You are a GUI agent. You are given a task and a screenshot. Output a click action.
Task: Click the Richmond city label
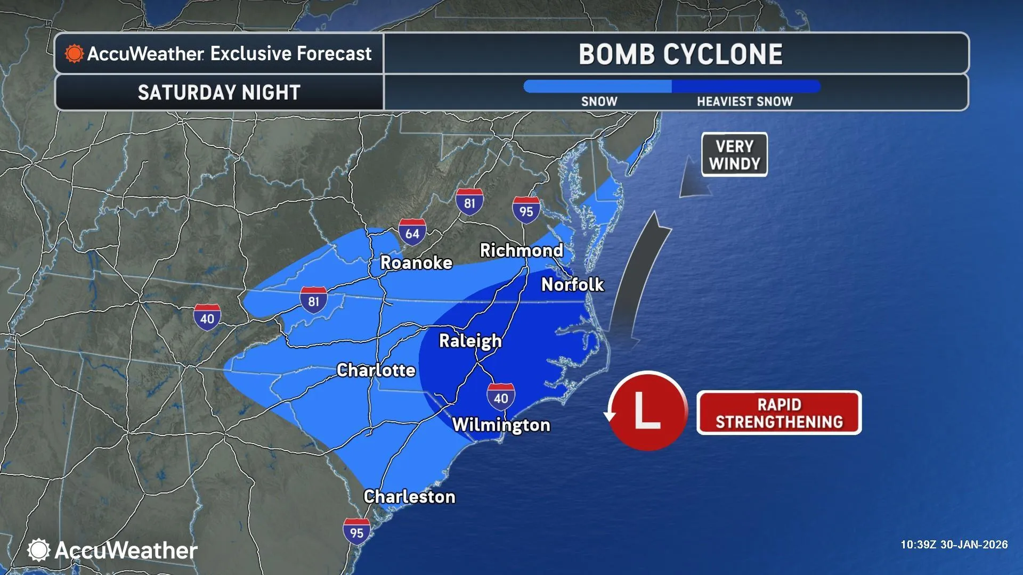521,250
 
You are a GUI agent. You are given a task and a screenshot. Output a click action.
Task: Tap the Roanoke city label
416,262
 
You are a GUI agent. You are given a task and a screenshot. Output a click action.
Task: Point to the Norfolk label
572,285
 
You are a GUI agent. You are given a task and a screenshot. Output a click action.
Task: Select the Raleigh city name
470,341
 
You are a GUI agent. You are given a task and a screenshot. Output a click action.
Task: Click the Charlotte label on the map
376,370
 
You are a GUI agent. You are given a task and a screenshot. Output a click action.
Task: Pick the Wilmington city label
501,425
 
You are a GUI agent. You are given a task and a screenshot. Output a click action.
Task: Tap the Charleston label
409,497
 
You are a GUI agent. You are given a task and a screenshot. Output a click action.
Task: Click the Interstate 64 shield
412,232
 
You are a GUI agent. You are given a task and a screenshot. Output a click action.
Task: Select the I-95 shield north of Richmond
526,210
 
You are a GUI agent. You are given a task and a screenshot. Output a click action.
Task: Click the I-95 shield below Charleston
356,531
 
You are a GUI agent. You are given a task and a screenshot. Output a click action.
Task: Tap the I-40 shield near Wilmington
501,397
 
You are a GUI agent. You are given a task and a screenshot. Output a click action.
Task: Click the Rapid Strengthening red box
779,413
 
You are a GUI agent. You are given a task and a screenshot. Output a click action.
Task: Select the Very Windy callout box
734,154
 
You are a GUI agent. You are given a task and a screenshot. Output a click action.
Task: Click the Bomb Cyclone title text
680,54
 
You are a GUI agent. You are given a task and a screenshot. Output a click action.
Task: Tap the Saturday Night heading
219,93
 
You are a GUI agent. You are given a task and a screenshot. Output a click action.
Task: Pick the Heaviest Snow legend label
744,101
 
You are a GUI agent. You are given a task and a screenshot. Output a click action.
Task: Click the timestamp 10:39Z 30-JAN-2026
954,545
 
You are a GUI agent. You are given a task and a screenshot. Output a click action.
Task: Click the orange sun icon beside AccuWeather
74,54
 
